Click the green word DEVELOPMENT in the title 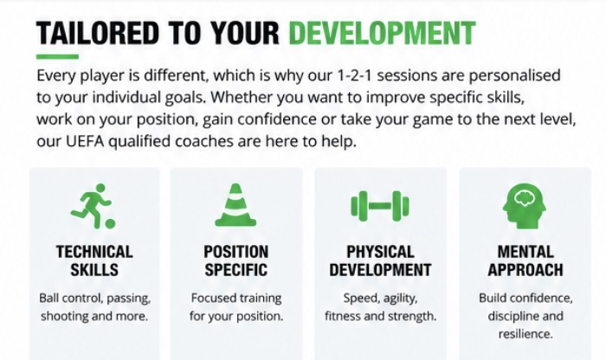(x=382, y=32)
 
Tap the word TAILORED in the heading (x=98, y=32)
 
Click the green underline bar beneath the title (x=57, y=57)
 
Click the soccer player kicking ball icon (x=93, y=207)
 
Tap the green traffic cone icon (x=235, y=205)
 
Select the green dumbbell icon (x=379, y=206)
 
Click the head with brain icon (x=524, y=206)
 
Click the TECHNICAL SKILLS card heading (x=94, y=260)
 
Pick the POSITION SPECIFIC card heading (x=235, y=260)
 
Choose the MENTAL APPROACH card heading (x=525, y=260)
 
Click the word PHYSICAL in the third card (x=380, y=252)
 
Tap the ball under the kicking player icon (x=110, y=224)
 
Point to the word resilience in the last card (x=525, y=334)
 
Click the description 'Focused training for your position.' (x=236, y=307)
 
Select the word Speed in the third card (x=356, y=299)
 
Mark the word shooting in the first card (x=65, y=317)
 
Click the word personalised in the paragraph (x=514, y=75)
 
